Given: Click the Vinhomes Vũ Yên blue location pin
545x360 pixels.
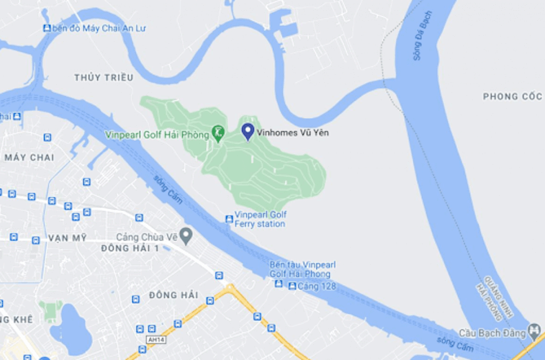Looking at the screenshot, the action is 248,130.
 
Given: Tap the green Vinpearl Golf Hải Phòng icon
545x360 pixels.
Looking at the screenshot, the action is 217,133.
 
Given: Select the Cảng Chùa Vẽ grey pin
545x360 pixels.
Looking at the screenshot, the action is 185,235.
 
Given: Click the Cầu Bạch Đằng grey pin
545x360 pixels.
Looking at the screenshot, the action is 533,332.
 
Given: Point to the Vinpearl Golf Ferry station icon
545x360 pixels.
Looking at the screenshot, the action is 229,219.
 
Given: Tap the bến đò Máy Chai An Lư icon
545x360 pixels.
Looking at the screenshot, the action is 47,28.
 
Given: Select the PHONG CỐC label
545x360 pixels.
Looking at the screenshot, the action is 512,96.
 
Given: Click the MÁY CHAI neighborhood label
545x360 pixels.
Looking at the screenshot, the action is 30,157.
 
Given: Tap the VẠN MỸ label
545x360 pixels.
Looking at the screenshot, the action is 67,238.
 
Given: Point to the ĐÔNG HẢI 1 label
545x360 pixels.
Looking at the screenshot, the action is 130,248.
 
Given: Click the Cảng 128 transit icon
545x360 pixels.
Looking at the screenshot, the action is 292,286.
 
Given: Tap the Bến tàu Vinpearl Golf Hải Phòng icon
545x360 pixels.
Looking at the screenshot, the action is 279,283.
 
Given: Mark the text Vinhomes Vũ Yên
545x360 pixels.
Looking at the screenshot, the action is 288,132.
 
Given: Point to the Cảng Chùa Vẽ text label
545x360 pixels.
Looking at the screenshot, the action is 146,235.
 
